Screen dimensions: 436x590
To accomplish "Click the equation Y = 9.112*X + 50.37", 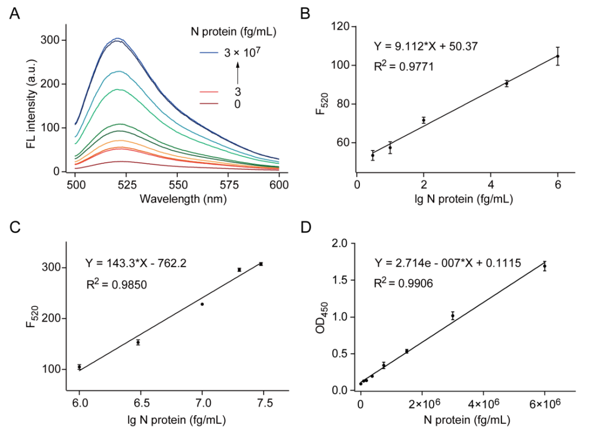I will tap(422, 46).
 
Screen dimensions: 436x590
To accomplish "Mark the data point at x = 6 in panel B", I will tap(558, 56).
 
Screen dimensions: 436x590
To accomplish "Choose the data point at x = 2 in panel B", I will tap(424, 120).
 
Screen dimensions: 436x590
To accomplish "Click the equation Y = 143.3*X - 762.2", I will tap(135, 263).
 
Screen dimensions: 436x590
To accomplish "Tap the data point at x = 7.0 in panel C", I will tap(202, 304).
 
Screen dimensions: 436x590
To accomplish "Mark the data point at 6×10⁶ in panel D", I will tap(545, 267).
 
